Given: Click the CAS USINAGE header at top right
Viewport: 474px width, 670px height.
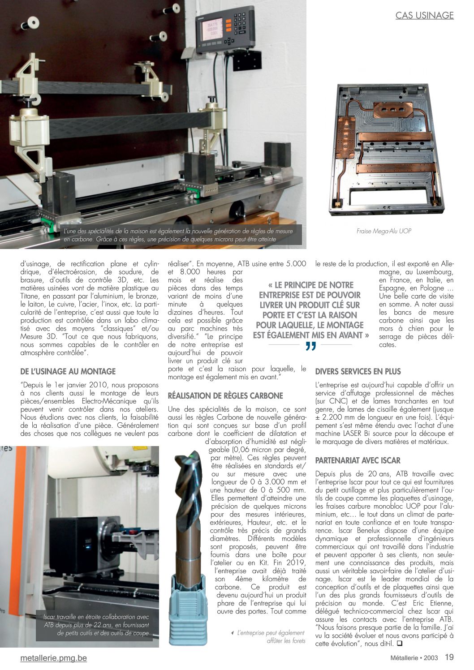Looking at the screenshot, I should [424, 16].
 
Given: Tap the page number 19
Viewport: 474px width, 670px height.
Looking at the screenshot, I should [449, 657].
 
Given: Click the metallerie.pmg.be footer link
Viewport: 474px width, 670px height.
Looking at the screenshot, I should [54, 658].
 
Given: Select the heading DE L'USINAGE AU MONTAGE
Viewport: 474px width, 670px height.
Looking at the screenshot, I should [68, 371].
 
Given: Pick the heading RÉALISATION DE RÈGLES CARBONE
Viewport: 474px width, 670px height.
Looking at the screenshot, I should [225, 395].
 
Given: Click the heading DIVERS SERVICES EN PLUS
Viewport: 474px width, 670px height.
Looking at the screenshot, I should [358, 371].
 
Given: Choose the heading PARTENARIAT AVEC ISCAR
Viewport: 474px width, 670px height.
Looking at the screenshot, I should [358, 460].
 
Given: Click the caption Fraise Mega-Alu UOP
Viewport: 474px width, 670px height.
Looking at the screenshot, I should [384, 231].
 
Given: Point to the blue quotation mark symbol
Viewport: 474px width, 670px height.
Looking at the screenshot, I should [311, 347].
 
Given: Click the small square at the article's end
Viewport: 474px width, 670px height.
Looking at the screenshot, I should [400, 644].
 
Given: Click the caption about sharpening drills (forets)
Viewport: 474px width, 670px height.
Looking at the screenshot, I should [271, 637].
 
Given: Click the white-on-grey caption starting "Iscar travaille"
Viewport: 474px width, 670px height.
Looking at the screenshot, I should [97, 625].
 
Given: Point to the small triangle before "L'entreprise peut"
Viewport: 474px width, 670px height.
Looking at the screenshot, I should [232, 633].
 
